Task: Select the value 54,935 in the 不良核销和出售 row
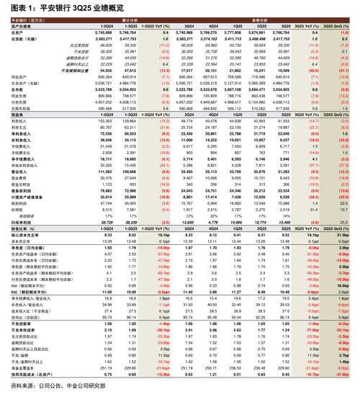107,70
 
